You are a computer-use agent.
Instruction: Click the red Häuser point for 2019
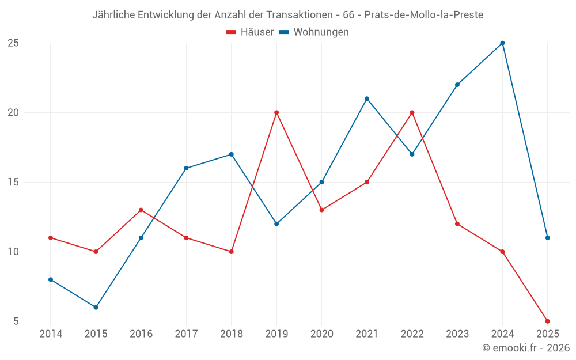276,112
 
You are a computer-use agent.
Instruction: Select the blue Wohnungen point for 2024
502,43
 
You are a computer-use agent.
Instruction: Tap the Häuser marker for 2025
547,321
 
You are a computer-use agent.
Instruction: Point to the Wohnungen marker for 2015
96,307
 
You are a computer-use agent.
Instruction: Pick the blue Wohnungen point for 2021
367,98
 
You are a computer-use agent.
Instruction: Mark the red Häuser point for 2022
412,112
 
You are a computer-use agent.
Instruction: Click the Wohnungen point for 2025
547,237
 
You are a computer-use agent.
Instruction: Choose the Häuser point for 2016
141,210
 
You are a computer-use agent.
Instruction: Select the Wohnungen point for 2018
231,154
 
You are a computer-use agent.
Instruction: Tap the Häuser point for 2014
51,237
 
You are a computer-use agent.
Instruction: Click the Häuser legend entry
250,32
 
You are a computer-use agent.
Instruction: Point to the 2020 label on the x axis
321,334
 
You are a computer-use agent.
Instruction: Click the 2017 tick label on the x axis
186,334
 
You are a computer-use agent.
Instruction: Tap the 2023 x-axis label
457,334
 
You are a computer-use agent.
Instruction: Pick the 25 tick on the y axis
13,43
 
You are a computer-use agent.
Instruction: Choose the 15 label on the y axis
13,182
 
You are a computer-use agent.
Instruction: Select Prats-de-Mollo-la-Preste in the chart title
423,15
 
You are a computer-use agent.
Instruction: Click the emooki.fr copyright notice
526,348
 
